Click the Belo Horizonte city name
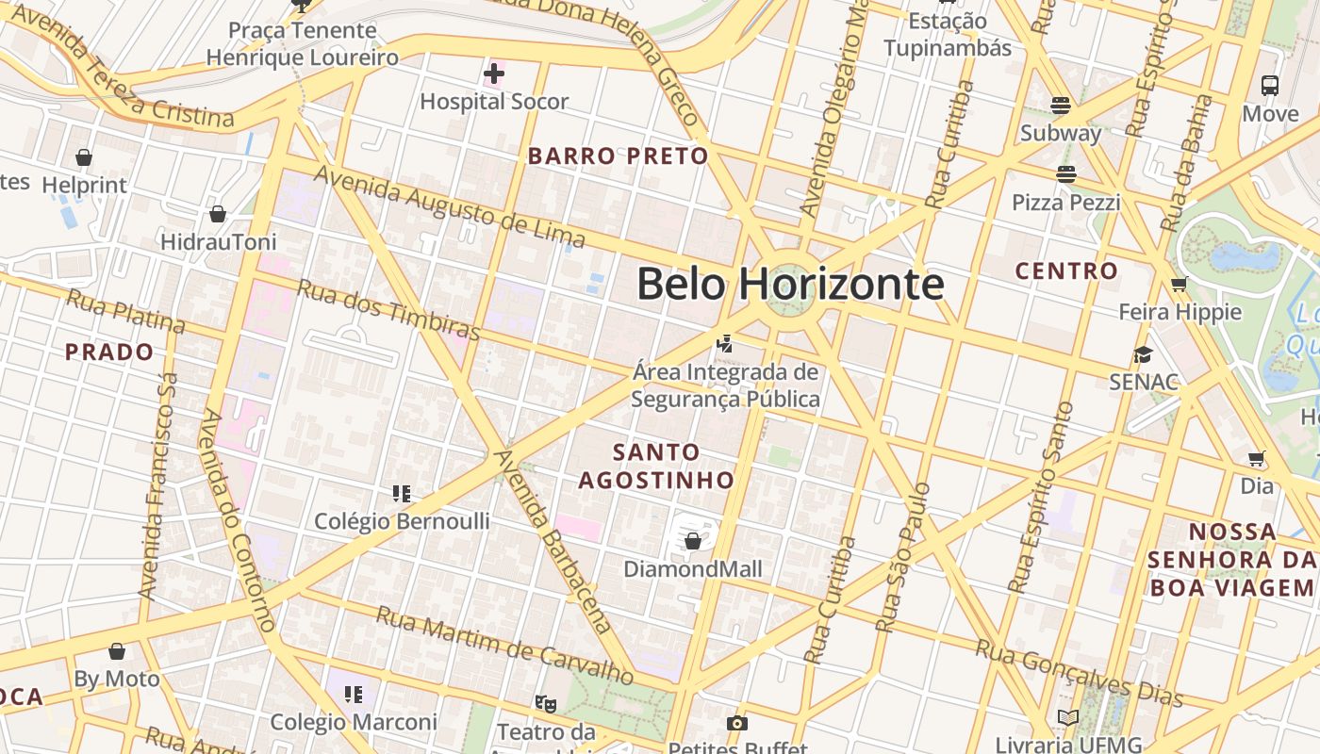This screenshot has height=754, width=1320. point(790,283)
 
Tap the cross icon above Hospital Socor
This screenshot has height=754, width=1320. point(494,73)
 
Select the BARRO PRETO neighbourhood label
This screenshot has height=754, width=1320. point(618,156)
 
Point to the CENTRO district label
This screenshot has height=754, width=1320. point(1066,271)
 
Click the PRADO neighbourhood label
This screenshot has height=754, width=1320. point(109,352)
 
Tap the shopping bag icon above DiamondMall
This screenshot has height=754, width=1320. point(693,541)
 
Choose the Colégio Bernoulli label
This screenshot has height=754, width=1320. point(402,521)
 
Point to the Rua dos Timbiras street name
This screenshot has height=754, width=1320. point(388,308)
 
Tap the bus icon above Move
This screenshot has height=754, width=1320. point(1270,86)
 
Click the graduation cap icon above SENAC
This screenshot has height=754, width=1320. point(1144,354)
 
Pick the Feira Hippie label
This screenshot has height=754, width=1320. point(1180,312)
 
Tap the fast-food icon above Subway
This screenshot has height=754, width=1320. point(1061,105)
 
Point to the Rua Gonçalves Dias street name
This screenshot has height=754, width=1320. point(1079,673)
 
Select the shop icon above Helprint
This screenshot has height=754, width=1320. point(84,157)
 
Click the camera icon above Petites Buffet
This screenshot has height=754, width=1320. point(737,723)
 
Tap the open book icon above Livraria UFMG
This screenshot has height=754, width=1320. point(1067,718)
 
